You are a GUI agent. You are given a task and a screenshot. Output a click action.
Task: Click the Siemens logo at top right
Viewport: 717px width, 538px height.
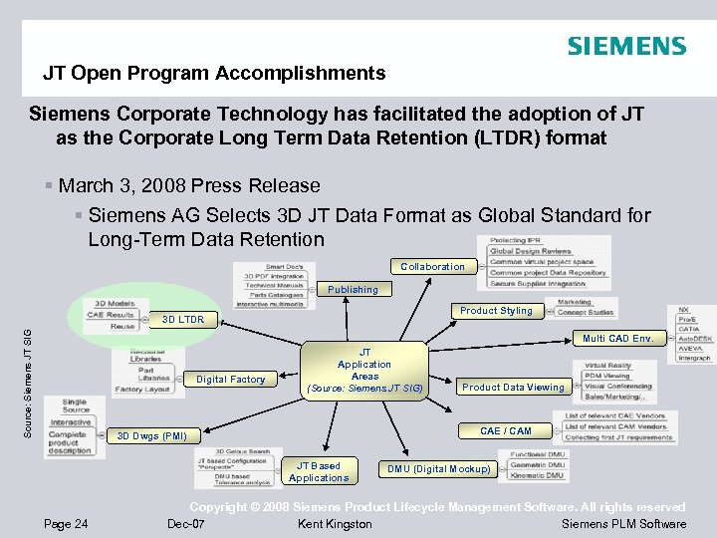[x=626, y=46]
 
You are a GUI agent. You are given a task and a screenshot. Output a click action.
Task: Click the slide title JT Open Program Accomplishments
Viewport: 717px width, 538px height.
[x=213, y=73]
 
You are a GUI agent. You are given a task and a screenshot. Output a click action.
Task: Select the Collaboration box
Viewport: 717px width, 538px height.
[x=432, y=266]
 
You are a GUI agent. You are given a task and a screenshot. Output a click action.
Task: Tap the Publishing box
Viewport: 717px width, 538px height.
[x=353, y=290]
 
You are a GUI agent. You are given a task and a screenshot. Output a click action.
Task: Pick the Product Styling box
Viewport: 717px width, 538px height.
[x=496, y=311]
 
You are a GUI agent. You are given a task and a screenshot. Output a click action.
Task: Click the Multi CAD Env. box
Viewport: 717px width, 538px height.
[x=617, y=339]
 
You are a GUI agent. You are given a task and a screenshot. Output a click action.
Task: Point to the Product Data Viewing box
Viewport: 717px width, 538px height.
[x=513, y=387]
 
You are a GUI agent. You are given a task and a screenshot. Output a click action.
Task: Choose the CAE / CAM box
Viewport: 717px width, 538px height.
[x=505, y=430]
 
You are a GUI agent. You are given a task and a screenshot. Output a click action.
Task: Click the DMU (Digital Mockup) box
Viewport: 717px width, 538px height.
[x=438, y=468]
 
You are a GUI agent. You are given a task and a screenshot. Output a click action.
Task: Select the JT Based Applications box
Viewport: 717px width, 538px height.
[x=319, y=471]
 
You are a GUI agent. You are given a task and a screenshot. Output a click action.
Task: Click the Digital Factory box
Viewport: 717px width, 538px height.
[x=230, y=379]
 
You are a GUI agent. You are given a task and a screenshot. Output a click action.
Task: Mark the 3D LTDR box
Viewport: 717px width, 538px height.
[x=182, y=320]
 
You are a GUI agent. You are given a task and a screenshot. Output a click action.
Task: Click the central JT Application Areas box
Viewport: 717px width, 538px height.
[x=364, y=370]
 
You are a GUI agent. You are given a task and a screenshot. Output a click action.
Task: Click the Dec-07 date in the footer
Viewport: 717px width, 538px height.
[x=185, y=524]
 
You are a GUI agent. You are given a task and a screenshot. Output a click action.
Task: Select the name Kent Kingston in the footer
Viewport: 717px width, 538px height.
[x=335, y=524]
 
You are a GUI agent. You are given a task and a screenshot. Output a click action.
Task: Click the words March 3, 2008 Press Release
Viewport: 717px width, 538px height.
[x=189, y=185]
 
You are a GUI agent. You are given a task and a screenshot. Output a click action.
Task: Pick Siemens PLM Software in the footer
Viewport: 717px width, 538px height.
[x=623, y=524]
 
